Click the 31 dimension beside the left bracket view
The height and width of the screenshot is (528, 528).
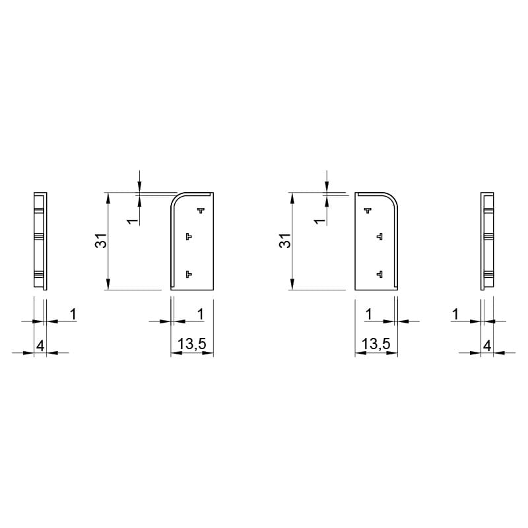[x=101, y=241]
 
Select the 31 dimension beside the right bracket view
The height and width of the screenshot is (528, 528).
[x=285, y=241]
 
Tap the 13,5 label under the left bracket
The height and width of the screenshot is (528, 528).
[x=192, y=344]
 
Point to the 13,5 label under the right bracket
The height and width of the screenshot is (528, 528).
[x=376, y=344]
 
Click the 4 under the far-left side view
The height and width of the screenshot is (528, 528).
[x=40, y=346]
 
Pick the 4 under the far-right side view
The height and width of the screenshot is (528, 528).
[x=487, y=346]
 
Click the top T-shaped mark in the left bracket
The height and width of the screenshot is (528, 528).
[x=201, y=211]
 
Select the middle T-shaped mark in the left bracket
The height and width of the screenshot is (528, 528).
[x=189, y=237]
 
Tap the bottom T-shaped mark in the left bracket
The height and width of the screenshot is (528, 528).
[x=189, y=274]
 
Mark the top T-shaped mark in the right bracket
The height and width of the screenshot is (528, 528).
[x=368, y=211]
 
